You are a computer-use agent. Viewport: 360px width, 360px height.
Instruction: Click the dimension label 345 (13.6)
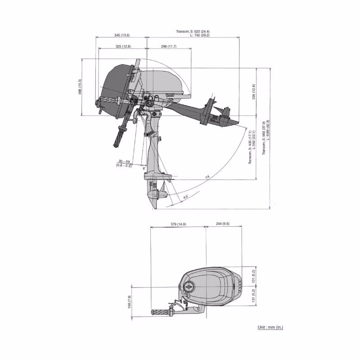121,35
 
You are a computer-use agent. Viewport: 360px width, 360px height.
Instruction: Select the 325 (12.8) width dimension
122,46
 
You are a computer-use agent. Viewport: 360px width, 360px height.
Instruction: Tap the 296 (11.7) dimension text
168,46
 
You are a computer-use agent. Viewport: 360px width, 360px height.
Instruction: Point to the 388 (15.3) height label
80,86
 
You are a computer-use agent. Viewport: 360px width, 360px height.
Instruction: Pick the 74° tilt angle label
207,177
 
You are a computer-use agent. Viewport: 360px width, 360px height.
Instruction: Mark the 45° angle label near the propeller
185,197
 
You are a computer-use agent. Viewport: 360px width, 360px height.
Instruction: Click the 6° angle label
144,168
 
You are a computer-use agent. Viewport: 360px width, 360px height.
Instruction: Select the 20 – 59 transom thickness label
125,161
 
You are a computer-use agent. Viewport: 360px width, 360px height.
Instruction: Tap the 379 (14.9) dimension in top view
178,224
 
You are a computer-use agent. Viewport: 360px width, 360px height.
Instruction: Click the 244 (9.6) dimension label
222,224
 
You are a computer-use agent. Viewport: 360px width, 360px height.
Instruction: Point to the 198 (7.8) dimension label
129,302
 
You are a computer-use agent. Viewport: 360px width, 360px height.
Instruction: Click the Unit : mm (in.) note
270,327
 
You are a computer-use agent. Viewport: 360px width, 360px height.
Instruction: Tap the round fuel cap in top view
189,286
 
